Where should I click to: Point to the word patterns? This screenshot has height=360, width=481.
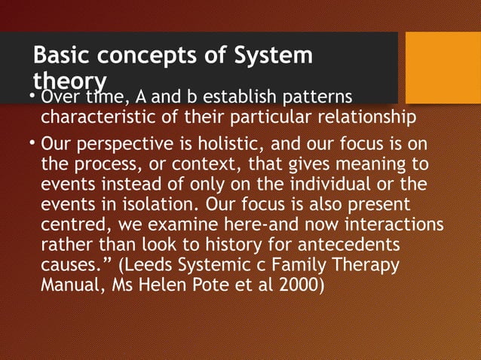(313, 99)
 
